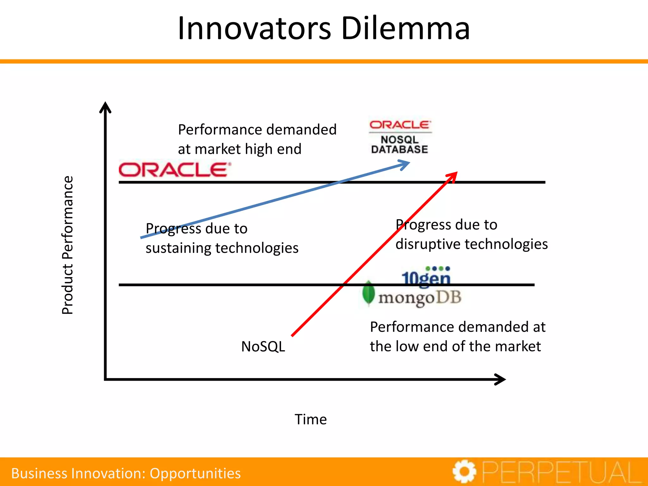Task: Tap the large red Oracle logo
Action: [174, 170]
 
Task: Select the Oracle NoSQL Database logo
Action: [400, 137]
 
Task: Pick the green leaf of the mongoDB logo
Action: [368, 293]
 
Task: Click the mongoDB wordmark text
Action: [420, 298]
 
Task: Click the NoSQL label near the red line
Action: [263, 346]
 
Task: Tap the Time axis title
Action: [311, 420]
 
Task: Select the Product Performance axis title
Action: [67, 245]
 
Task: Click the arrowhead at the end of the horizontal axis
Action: [501, 379]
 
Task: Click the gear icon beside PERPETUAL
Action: [464, 471]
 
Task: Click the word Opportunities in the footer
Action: [195, 473]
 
